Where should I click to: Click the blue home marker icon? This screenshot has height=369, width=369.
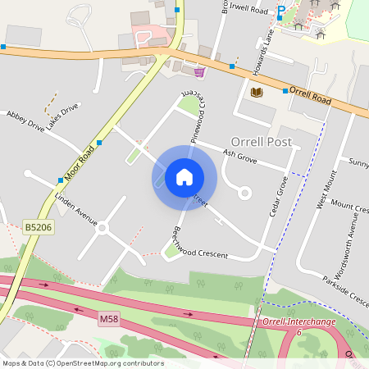184,176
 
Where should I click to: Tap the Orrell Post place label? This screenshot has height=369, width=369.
262,142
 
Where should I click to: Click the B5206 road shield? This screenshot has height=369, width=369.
39,226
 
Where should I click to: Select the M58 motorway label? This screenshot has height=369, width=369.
109,318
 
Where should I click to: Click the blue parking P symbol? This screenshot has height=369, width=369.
281,10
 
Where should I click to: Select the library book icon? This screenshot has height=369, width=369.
256,92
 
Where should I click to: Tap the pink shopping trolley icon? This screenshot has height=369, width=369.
198,72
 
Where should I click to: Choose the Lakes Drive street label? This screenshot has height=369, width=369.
63,116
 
